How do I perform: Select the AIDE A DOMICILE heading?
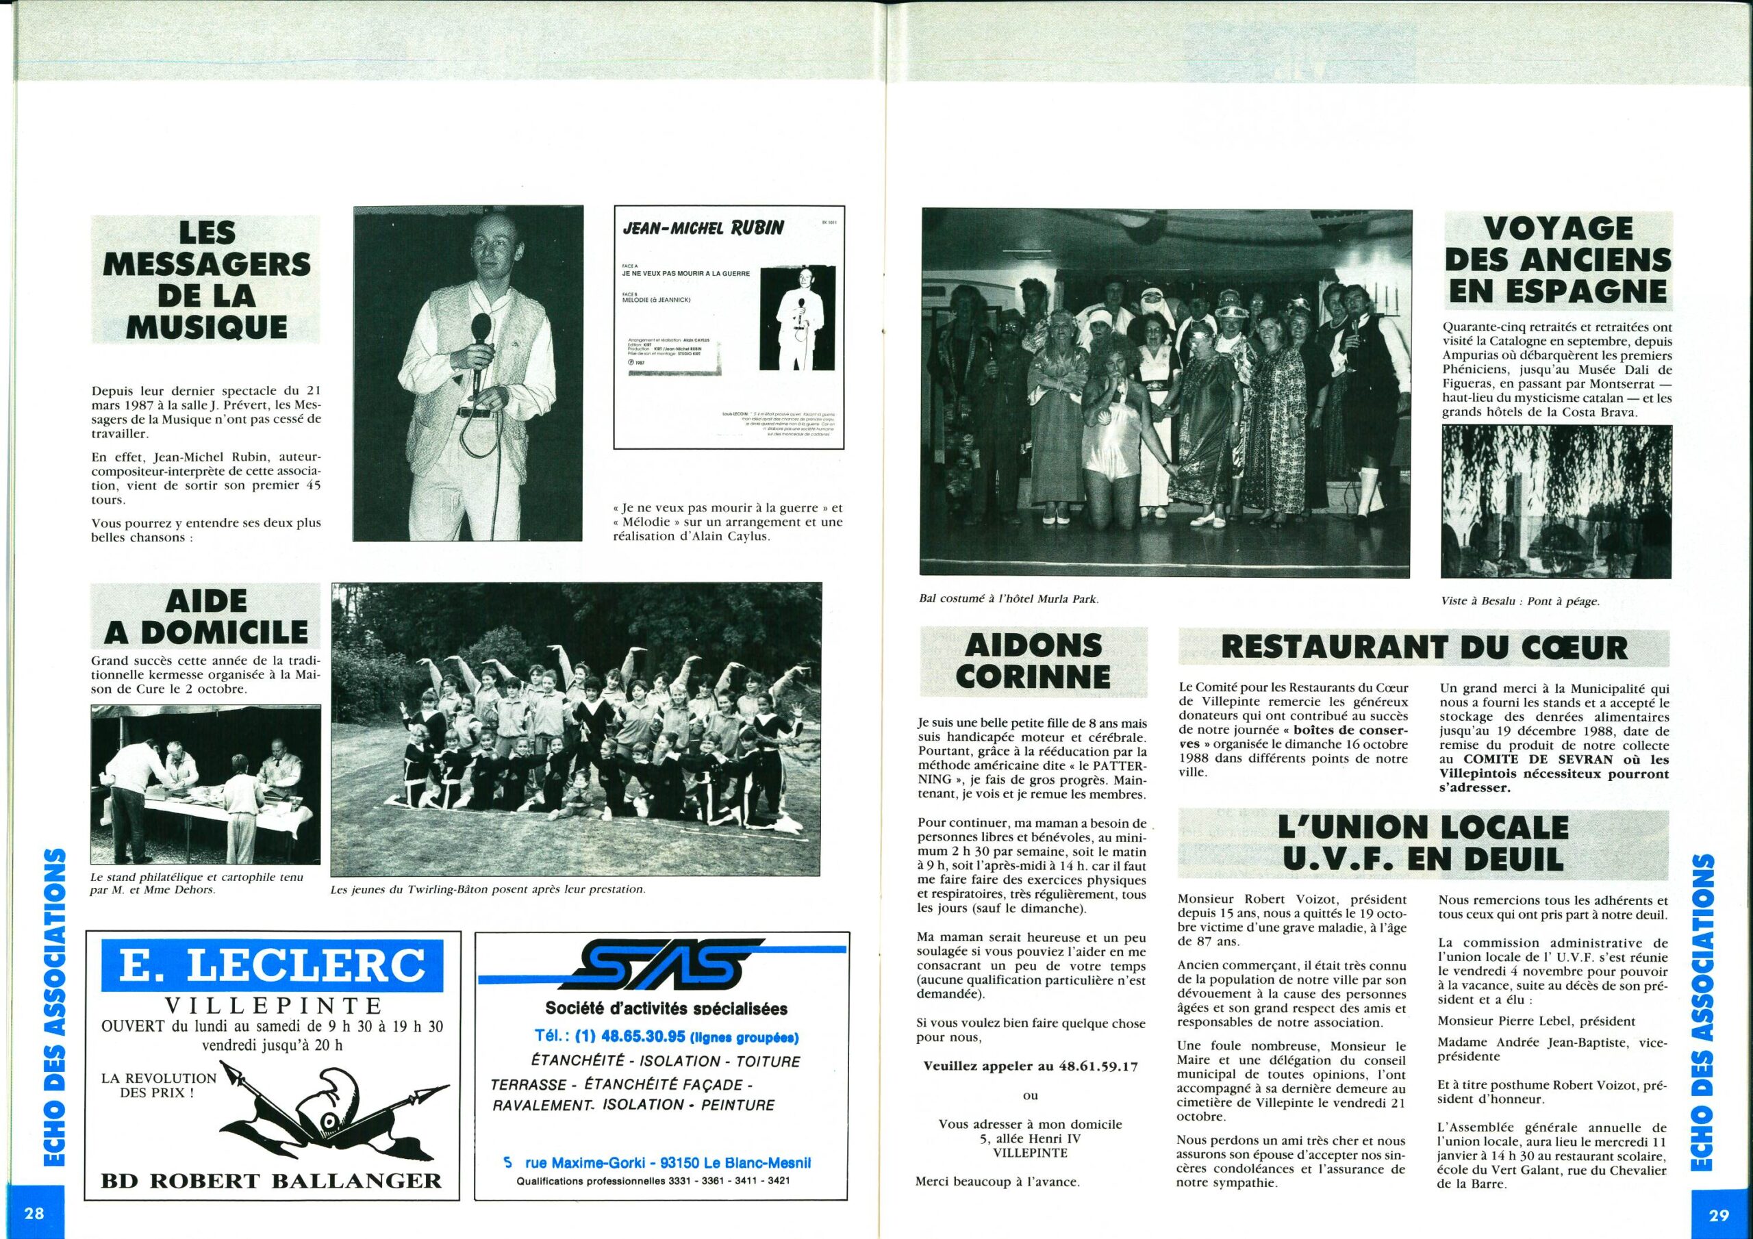click(205, 617)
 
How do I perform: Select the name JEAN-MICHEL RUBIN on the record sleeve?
click(703, 228)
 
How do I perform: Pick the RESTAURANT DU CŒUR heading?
click(1425, 648)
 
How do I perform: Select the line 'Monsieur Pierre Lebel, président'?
click(1526, 1021)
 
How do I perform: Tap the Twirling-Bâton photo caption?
click(489, 889)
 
